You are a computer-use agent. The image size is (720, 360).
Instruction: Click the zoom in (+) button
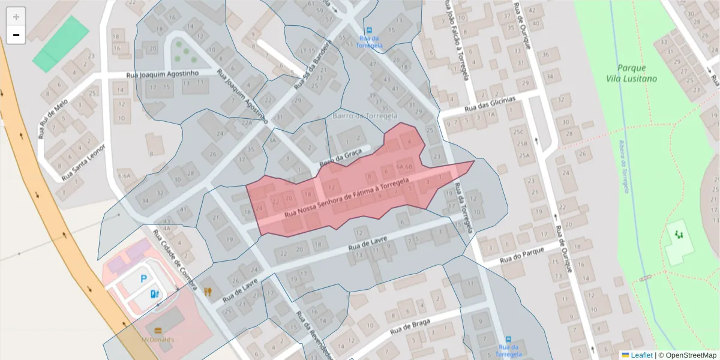click(16, 17)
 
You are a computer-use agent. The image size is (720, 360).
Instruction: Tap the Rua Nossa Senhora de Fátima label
click(346, 197)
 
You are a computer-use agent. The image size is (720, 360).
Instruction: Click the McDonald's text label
click(158, 340)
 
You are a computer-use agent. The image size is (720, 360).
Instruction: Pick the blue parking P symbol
click(143, 278)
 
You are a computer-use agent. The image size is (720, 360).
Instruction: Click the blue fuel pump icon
click(154, 293)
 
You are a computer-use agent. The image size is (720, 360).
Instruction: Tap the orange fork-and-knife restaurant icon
click(208, 292)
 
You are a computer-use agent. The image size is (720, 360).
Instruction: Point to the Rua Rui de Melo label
click(51, 118)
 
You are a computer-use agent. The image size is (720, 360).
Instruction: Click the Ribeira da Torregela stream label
click(625, 171)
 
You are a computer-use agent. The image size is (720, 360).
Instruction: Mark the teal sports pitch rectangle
click(61, 44)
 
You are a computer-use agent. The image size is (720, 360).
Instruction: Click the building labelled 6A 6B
click(405, 167)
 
